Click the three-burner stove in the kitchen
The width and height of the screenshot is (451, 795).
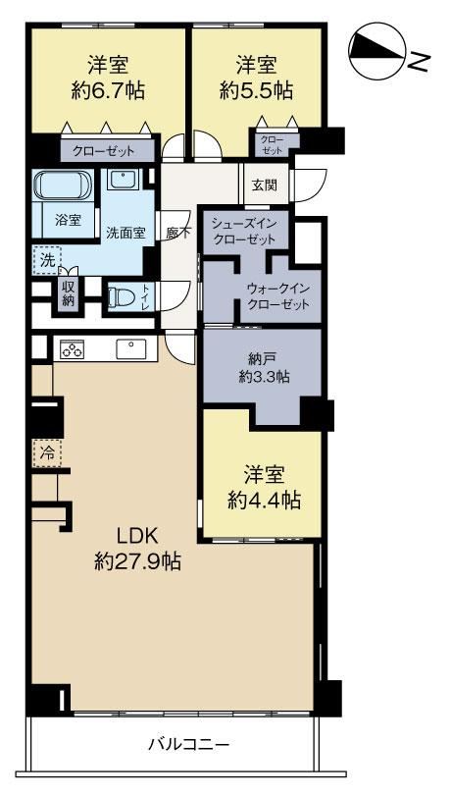(x=72, y=349)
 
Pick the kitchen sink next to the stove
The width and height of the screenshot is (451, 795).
(x=130, y=349)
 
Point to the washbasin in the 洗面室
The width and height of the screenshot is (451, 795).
(x=124, y=179)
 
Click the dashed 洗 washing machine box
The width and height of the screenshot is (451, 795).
(x=47, y=261)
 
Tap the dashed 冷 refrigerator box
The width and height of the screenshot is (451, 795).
(x=47, y=452)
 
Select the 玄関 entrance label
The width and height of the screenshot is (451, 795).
(x=265, y=185)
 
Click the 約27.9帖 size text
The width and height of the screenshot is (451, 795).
(x=138, y=560)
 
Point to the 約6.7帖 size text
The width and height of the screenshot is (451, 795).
(x=109, y=90)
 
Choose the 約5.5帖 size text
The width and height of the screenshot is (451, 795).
(x=256, y=90)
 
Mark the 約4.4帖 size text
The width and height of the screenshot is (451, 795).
(x=264, y=501)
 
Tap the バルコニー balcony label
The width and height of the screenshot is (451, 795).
(x=189, y=745)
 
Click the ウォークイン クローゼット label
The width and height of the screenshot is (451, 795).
(x=277, y=296)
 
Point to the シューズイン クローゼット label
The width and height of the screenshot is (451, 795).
(x=244, y=231)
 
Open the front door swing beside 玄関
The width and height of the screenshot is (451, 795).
(x=309, y=185)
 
